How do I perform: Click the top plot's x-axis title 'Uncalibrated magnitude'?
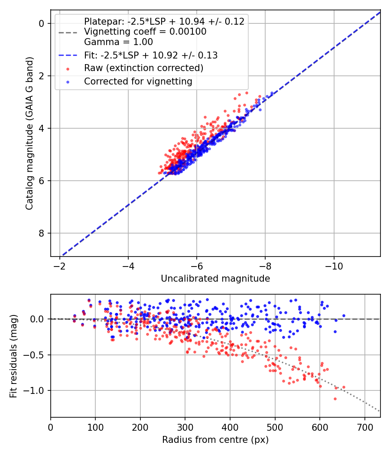215,279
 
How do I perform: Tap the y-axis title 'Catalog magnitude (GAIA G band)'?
29,133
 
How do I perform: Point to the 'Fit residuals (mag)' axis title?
13,356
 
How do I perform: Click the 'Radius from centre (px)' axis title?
215,440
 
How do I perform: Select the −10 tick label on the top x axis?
334,266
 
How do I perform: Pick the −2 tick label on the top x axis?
60,266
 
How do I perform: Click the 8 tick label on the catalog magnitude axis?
42,233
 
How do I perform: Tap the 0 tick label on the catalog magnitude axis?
42,23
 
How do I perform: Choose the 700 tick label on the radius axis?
365,427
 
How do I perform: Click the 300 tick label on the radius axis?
185,427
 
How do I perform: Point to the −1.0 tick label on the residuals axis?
34,390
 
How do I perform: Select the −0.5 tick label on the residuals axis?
34,355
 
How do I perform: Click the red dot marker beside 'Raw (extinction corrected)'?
68,69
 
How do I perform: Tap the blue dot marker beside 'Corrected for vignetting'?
68,82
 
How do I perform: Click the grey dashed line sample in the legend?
68,32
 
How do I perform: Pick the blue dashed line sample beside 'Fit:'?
68,55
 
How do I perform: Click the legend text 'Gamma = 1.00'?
118,42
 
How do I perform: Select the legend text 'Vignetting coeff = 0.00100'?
145,32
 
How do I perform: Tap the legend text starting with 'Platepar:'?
164,22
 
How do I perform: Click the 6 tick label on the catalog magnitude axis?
42,181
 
